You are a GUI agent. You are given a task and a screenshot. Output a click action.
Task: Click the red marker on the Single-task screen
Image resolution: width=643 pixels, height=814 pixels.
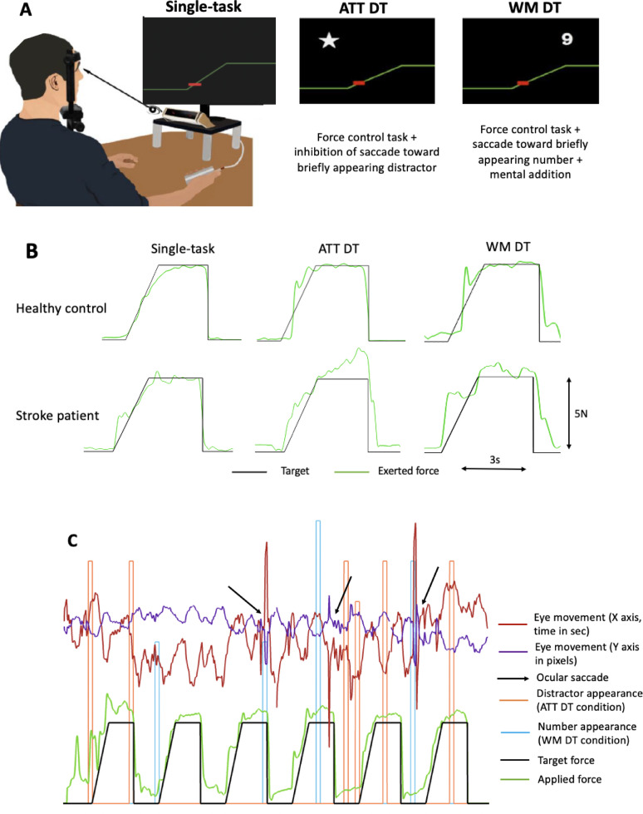point(194,84)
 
